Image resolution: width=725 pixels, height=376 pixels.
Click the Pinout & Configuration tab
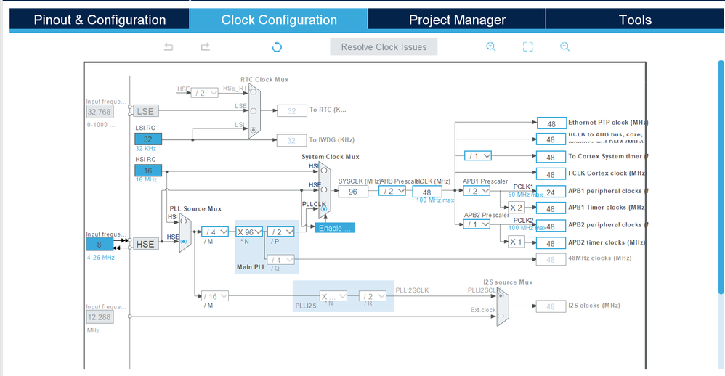tap(100, 20)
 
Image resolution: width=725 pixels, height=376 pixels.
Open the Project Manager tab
tap(457, 20)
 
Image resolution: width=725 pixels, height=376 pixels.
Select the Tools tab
tap(635, 20)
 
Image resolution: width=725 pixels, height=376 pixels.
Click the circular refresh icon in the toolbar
tap(277, 47)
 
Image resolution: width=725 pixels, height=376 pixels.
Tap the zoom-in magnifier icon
tap(491, 47)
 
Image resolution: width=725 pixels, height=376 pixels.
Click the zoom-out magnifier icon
tap(564, 47)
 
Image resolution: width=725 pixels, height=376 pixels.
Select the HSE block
tap(145, 244)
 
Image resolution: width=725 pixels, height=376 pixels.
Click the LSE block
tap(145, 111)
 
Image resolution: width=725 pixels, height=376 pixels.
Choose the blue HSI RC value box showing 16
tap(148, 171)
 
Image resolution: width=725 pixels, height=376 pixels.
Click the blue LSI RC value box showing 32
tap(148, 139)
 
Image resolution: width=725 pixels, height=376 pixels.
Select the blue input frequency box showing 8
tap(100, 244)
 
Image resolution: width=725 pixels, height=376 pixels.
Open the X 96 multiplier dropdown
tap(250, 232)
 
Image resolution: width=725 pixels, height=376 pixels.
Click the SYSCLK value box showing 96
tap(353, 192)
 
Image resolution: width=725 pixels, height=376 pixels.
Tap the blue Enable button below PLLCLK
tap(335, 228)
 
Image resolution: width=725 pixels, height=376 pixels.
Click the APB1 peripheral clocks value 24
tap(551, 192)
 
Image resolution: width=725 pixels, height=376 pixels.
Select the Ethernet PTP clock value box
tap(551, 123)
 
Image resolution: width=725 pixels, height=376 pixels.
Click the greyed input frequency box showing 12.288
tap(100, 317)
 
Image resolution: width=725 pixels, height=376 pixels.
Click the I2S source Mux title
tap(508, 282)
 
